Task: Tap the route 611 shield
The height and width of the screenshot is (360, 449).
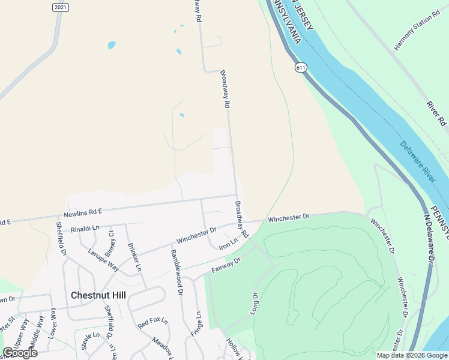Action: (301, 68)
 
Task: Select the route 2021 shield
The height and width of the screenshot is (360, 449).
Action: (60, 7)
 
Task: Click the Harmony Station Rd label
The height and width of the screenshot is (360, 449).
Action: (413, 34)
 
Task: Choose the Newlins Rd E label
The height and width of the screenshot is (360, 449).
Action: (83, 212)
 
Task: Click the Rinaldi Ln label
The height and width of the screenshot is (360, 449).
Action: (84, 229)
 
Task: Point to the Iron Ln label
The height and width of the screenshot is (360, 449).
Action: (228, 242)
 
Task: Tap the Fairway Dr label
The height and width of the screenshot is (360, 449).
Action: (226, 265)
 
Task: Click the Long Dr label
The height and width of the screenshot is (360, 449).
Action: (254, 304)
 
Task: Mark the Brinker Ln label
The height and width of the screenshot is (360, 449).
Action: (134, 258)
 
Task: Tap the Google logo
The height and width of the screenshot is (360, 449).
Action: (20, 353)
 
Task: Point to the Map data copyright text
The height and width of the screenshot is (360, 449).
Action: (411, 355)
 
